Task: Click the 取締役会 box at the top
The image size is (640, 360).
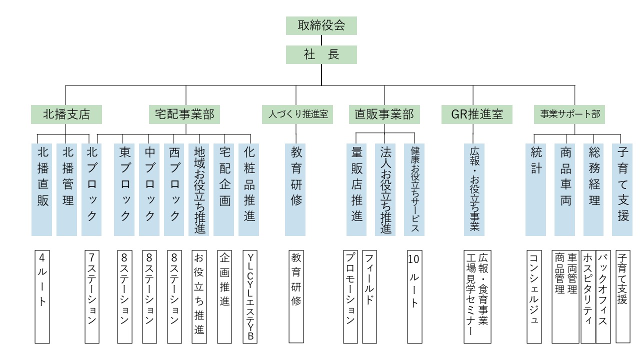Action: (x=321, y=25)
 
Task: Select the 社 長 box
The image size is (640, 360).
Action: (x=321, y=54)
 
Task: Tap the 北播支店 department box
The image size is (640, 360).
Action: (x=66, y=114)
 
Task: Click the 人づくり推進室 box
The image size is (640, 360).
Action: (x=295, y=114)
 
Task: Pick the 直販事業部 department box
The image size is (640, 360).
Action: (x=384, y=114)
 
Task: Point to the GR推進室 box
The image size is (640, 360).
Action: (x=477, y=114)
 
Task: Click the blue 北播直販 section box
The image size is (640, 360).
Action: (x=42, y=189)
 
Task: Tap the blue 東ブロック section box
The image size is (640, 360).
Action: (x=124, y=189)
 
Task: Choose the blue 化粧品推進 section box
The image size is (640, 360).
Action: (x=249, y=189)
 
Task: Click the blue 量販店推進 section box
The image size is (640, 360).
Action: (x=356, y=189)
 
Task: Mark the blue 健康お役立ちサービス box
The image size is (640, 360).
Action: (x=414, y=189)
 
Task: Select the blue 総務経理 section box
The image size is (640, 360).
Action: (x=593, y=189)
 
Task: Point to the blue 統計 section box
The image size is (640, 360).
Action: (x=535, y=189)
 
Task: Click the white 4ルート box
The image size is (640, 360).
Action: (x=42, y=296)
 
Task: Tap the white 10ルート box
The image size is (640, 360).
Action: (x=414, y=296)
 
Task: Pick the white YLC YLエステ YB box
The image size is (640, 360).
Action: (x=250, y=296)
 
